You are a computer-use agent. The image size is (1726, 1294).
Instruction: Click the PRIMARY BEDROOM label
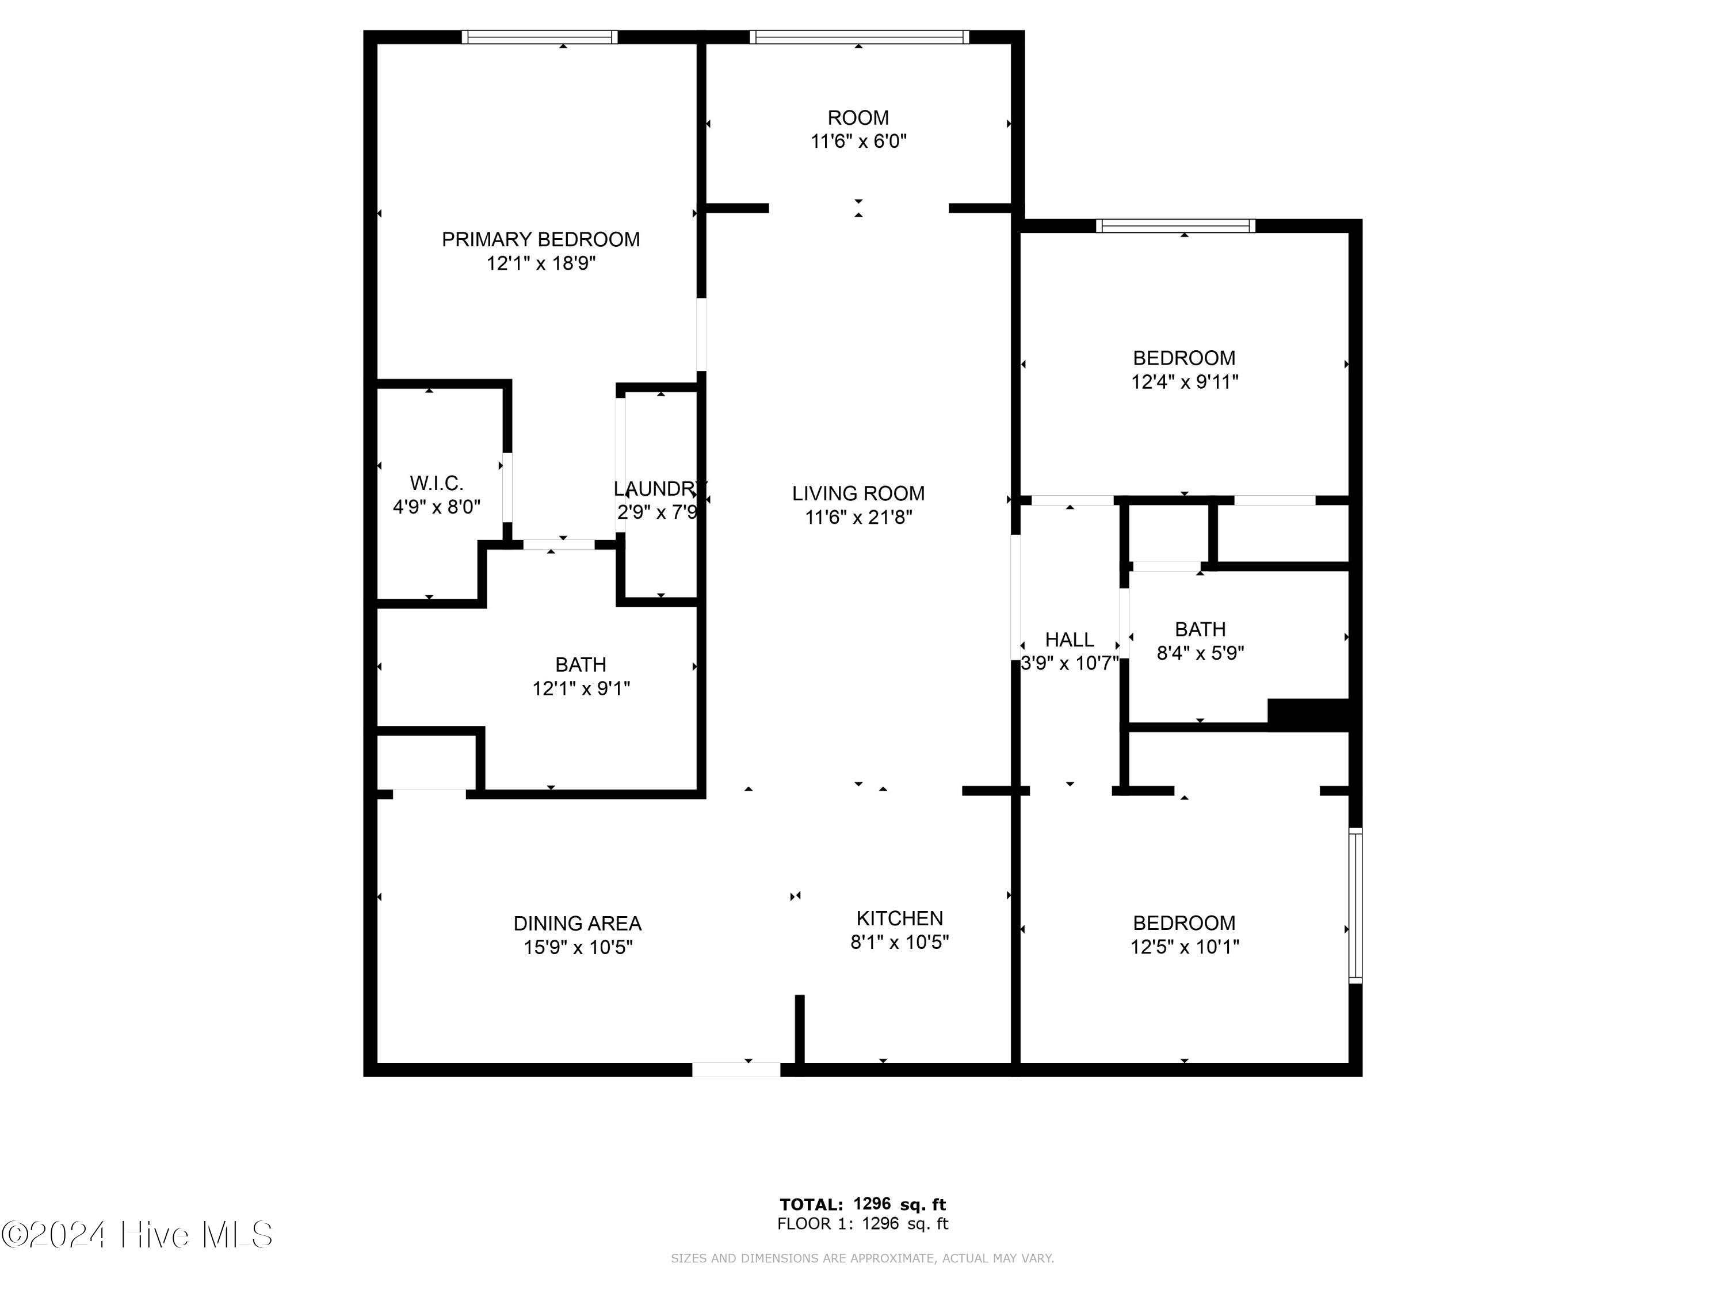tap(541, 239)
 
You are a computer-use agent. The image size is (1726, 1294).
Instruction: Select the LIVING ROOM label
tap(858, 493)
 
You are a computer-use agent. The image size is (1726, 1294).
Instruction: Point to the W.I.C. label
tap(436, 483)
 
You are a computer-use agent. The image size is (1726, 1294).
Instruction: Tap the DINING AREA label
tap(578, 924)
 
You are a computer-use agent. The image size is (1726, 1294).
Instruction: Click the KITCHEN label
tap(900, 918)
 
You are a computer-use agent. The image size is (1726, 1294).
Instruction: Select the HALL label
tap(1069, 640)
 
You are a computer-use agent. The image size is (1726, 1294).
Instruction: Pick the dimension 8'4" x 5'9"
tap(1200, 653)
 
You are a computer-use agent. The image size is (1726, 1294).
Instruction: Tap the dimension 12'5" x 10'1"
tap(1185, 947)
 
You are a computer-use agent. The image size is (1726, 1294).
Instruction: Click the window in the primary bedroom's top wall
tap(539, 37)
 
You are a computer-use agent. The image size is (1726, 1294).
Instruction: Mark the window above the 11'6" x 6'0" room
tap(859, 37)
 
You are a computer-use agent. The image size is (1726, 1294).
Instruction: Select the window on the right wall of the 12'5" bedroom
tap(1355, 905)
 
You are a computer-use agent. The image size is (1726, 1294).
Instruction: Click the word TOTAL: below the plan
tap(811, 1204)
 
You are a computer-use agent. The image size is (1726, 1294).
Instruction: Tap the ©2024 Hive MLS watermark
tap(138, 1235)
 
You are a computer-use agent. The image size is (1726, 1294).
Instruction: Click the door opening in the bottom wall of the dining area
tap(736, 1069)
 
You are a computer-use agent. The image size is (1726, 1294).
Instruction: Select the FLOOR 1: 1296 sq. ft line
tap(862, 1224)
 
